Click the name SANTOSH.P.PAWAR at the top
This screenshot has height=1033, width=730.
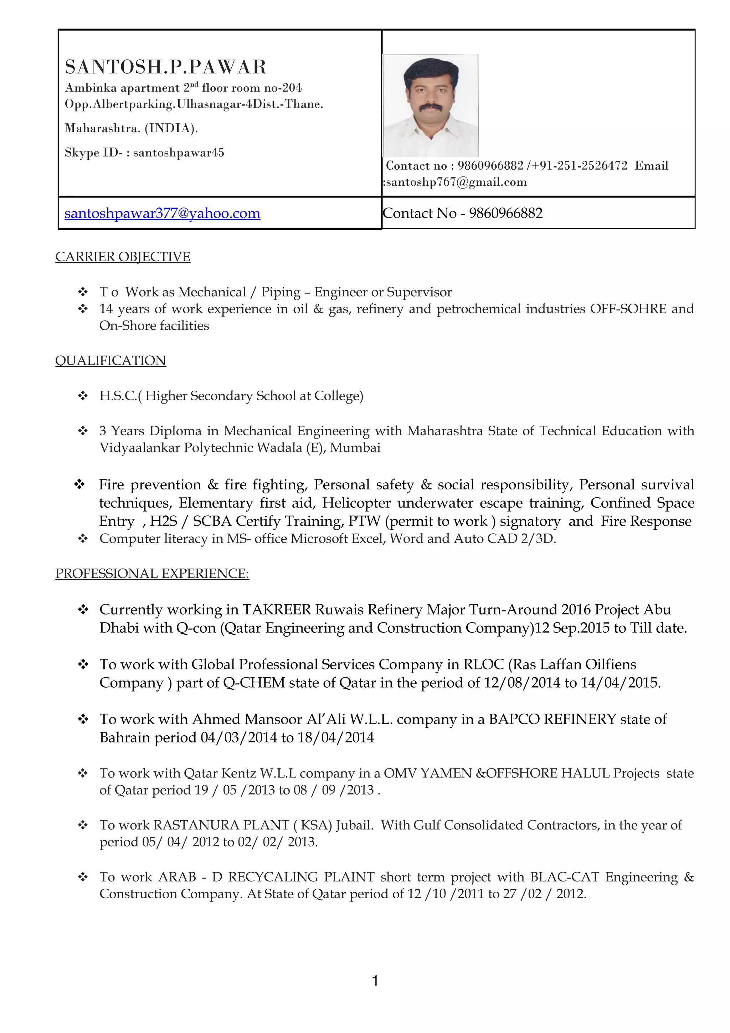pos(165,67)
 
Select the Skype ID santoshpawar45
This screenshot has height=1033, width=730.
pos(179,153)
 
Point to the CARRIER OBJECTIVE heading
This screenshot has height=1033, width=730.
pos(123,257)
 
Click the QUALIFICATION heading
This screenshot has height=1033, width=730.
pos(110,361)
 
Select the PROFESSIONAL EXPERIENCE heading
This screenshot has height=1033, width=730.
pos(152,574)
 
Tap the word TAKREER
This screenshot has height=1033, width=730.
pos(277,610)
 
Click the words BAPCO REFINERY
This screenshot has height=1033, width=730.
pos(552,719)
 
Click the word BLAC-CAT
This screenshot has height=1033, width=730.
pos(565,877)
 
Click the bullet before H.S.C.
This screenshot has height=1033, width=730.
pos(83,396)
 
